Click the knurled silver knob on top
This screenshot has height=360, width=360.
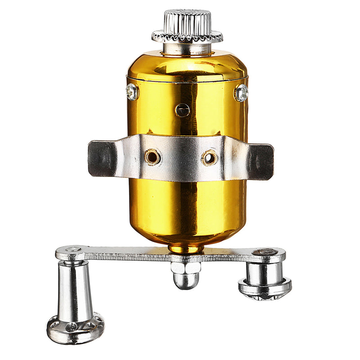click(x=187, y=20)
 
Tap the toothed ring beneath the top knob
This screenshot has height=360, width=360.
click(x=187, y=36)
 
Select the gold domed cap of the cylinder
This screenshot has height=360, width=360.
click(x=187, y=65)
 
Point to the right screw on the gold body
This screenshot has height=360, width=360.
click(x=241, y=93)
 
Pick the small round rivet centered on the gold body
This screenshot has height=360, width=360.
click(x=182, y=109)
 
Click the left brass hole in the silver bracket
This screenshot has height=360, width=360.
click(x=153, y=157)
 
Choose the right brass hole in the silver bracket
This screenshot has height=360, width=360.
click(x=209, y=157)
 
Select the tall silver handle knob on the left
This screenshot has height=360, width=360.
click(x=75, y=288)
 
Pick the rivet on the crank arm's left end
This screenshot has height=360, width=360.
click(x=72, y=249)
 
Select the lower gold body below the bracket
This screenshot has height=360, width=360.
click(x=187, y=207)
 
